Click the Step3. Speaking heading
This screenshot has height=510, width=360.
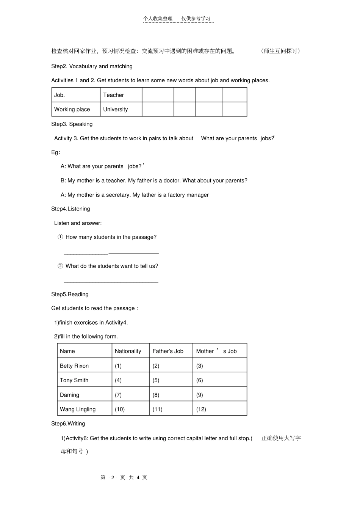[72, 124]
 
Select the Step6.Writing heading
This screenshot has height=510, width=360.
[68, 424]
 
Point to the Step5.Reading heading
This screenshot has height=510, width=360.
[70, 294]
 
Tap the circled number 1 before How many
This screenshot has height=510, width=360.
[60, 237]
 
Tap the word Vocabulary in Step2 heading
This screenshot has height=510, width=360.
[83, 66]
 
